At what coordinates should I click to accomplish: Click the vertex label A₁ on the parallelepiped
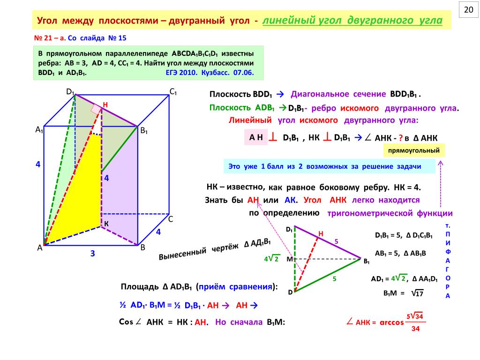(39, 130)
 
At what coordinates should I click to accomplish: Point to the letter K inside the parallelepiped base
(106, 225)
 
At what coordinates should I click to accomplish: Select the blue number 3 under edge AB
(93, 254)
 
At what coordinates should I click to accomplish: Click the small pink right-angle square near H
(96, 110)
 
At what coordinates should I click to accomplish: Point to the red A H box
(256, 137)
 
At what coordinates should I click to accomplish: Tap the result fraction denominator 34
(415, 329)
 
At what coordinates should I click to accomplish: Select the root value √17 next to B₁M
(417, 293)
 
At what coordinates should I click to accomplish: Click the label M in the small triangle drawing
(289, 259)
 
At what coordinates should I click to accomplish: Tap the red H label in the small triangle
(321, 234)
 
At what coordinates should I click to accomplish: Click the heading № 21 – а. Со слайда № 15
(80, 37)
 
